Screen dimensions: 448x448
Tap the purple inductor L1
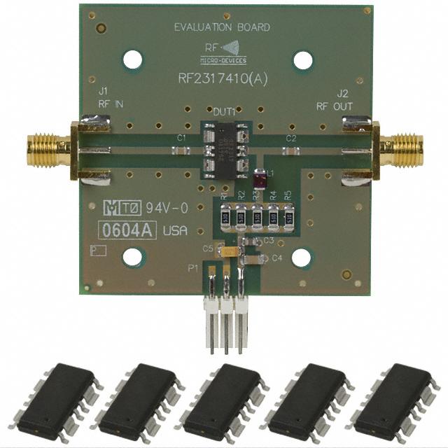coord(260,181)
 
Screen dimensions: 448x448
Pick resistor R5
coord(288,218)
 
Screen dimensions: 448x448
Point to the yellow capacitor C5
coord(227,248)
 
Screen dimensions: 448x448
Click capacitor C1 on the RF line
coord(181,149)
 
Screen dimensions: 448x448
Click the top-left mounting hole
coord(132,60)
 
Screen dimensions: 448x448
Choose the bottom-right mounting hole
coord(301,258)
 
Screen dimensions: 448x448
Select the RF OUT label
coord(335,106)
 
